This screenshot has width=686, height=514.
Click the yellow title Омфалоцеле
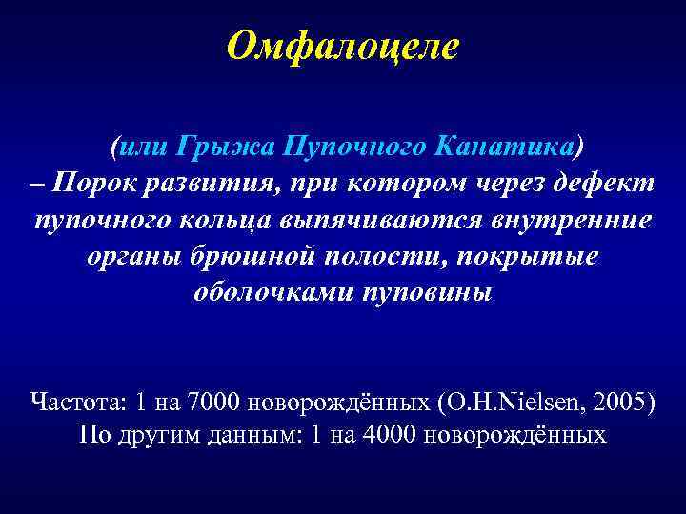[x=343, y=45]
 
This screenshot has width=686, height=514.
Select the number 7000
[x=217, y=400]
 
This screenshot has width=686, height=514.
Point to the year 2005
[x=620, y=400]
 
